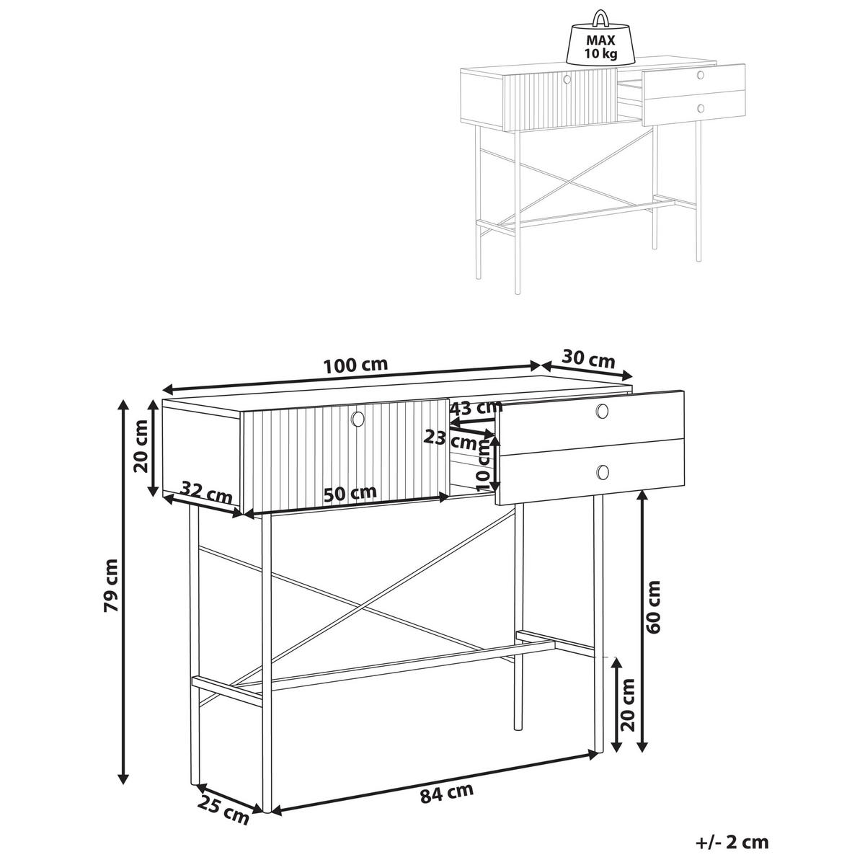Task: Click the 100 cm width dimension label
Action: tap(355, 365)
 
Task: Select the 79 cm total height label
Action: tap(111, 585)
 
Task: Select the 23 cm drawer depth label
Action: tap(451, 440)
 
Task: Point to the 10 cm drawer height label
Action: tap(484, 465)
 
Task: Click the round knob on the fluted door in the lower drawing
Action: tap(358, 418)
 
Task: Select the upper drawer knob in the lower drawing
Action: tap(603, 410)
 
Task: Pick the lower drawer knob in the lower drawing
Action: tap(603, 471)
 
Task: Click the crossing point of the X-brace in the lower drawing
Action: tap(362, 609)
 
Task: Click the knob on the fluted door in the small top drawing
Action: tap(567, 79)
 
